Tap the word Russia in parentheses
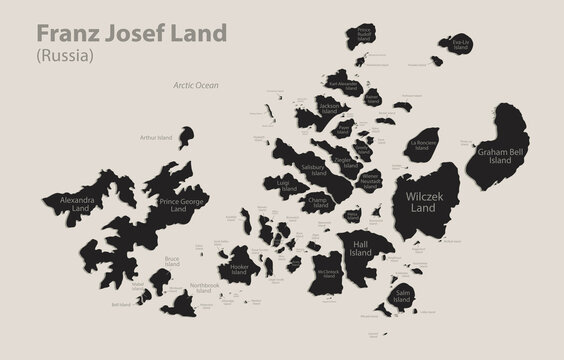click(66, 56)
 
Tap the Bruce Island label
click(172, 263)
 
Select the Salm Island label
click(402, 294)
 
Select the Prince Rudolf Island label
click(364, 35)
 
